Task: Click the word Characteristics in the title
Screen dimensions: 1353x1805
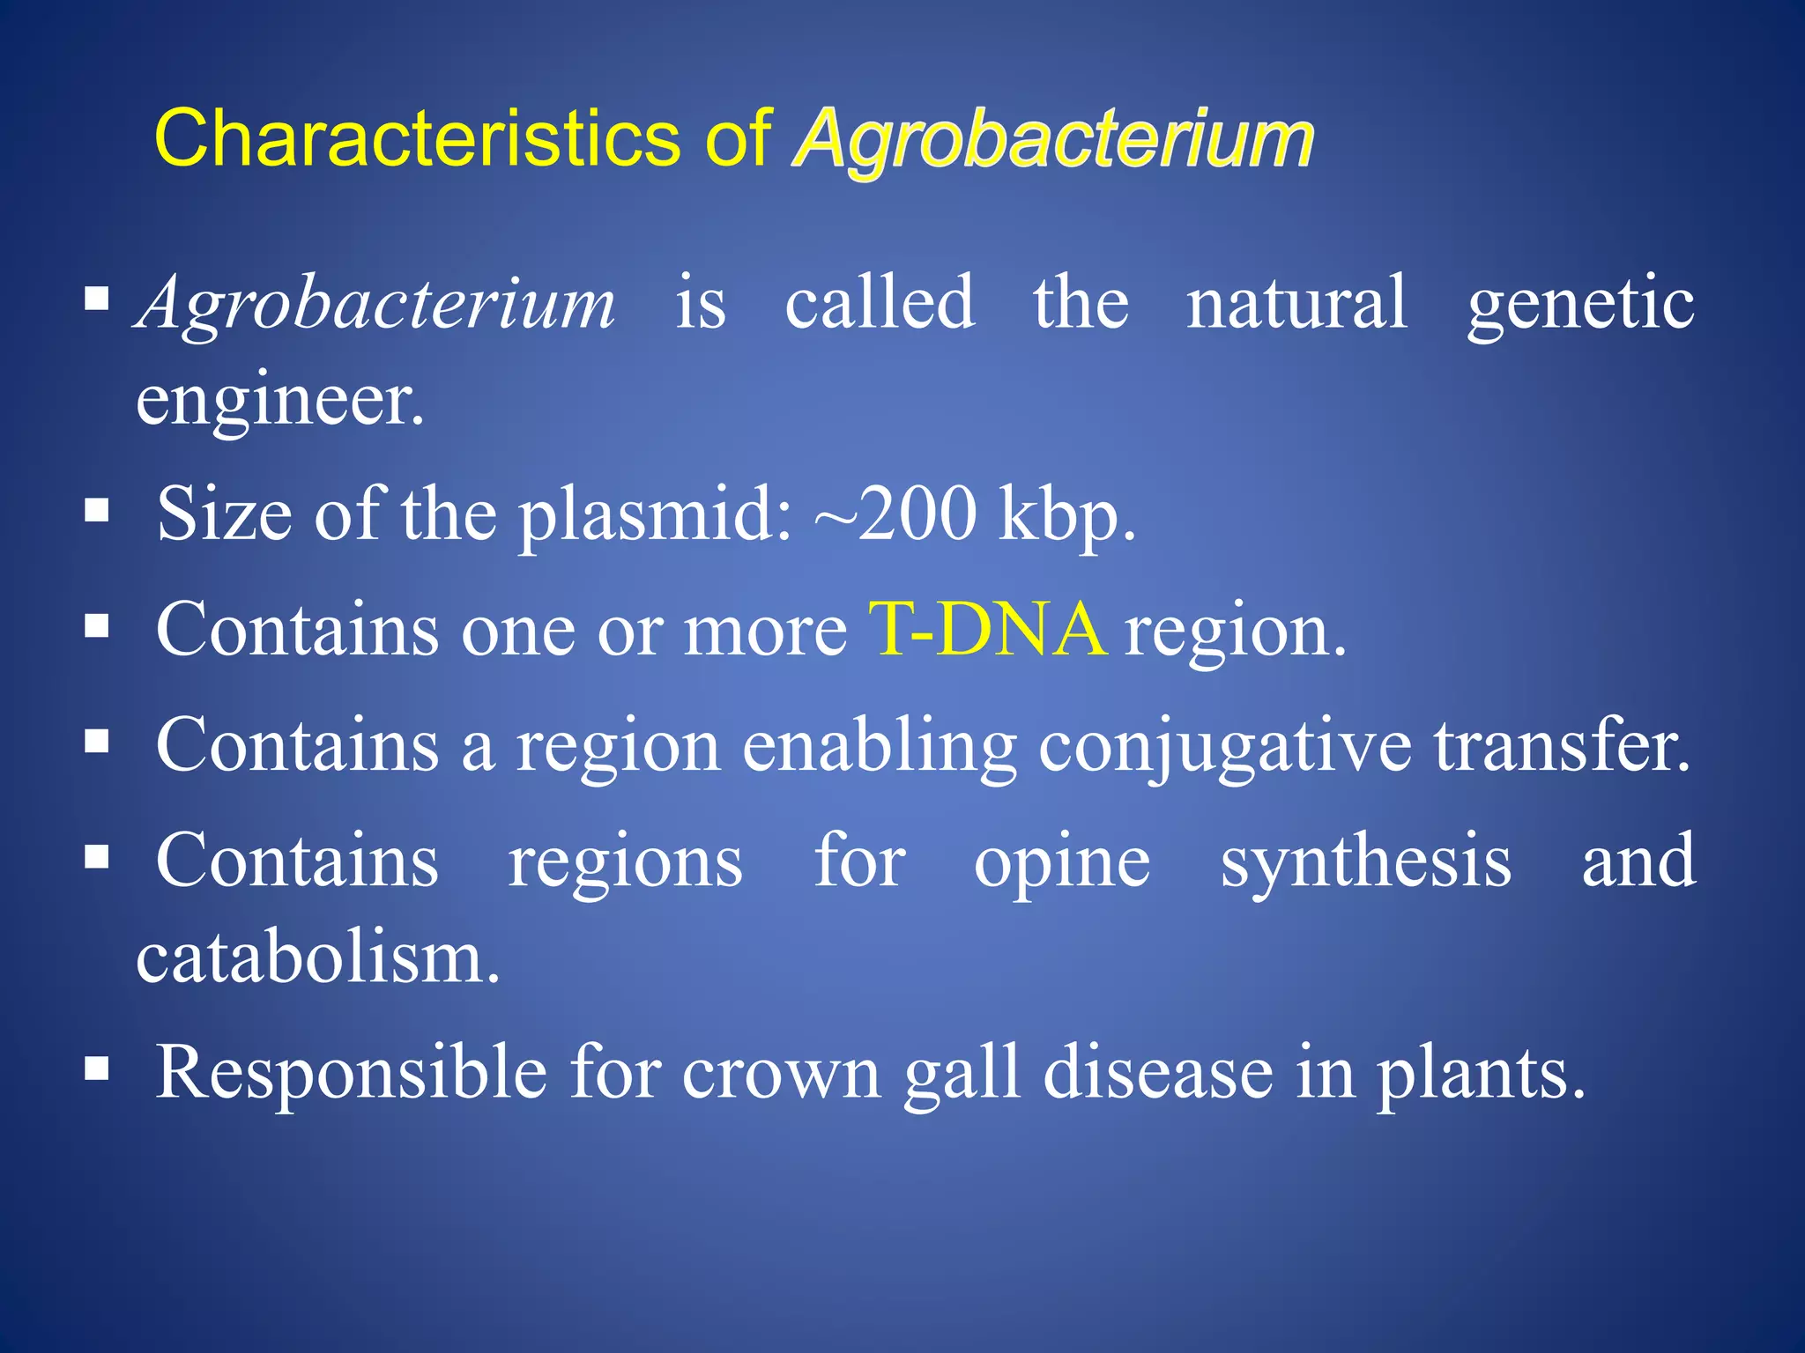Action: [416, 138]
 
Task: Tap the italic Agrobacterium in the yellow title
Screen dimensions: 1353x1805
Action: [1053, 138]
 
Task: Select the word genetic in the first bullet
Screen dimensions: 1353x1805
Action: [1580, 304]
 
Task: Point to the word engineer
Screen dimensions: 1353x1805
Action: [279, 401]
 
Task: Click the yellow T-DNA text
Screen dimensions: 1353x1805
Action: [987, 630]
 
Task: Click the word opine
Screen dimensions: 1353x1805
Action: [1061, 863]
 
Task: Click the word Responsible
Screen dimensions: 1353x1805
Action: [351, 1073]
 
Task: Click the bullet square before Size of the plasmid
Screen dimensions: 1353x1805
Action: [97, 511]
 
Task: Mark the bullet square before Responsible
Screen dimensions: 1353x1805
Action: [97, 1069]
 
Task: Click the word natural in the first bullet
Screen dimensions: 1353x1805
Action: [1296, 304]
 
